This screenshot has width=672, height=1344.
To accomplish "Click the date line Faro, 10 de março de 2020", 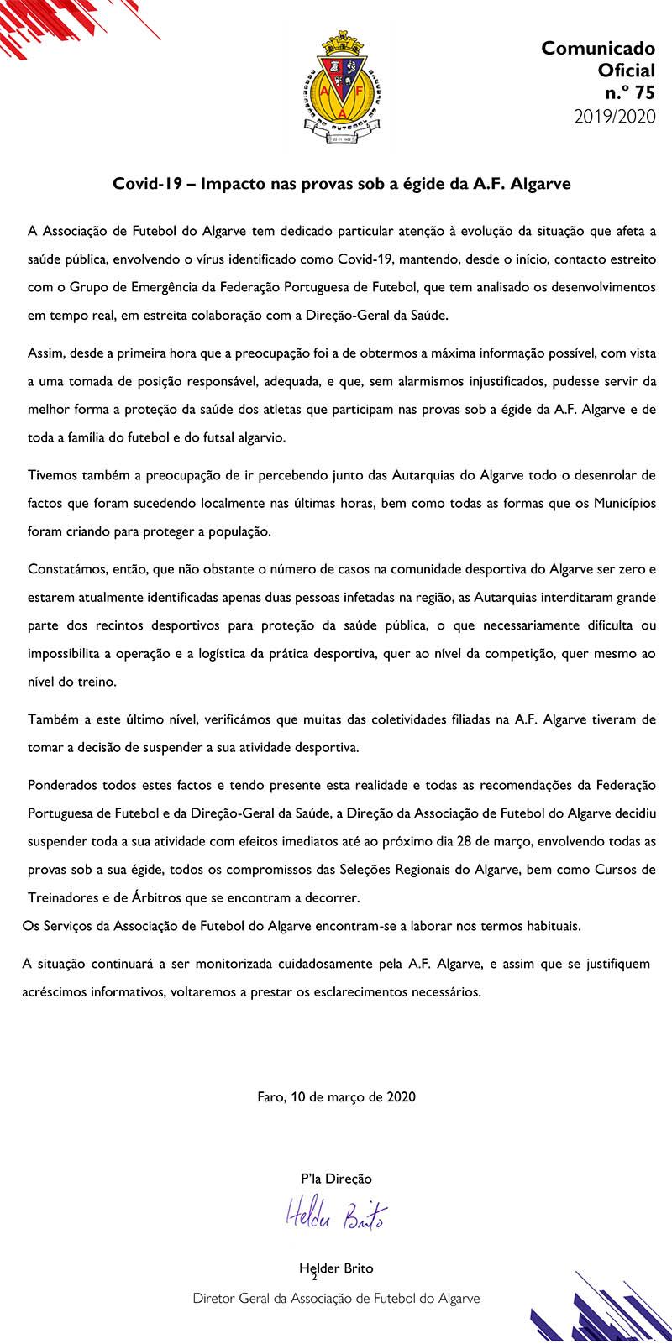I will (x=336, y=1096).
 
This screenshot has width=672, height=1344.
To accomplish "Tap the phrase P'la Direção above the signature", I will (x=336, y=1179).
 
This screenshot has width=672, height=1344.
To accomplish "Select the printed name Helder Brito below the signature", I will (x=336, y=1268).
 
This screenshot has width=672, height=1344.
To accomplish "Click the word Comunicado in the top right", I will (x=598, y=49).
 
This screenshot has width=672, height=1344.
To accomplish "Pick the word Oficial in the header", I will (x=624, y=71).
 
